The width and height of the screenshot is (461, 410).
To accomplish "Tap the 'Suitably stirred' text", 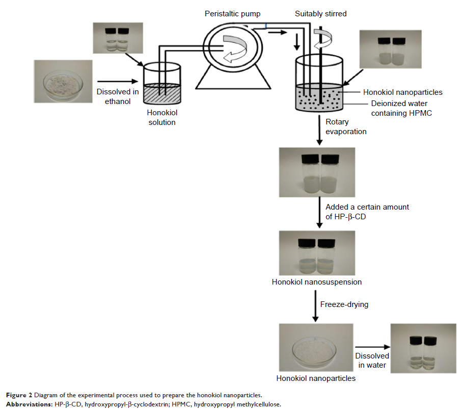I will [320, 14].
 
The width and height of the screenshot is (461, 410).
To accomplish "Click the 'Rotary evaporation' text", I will [346, 126].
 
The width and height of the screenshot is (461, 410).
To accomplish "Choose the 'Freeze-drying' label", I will [344, 305].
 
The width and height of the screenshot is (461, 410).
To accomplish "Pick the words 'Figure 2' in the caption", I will [19, 396].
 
